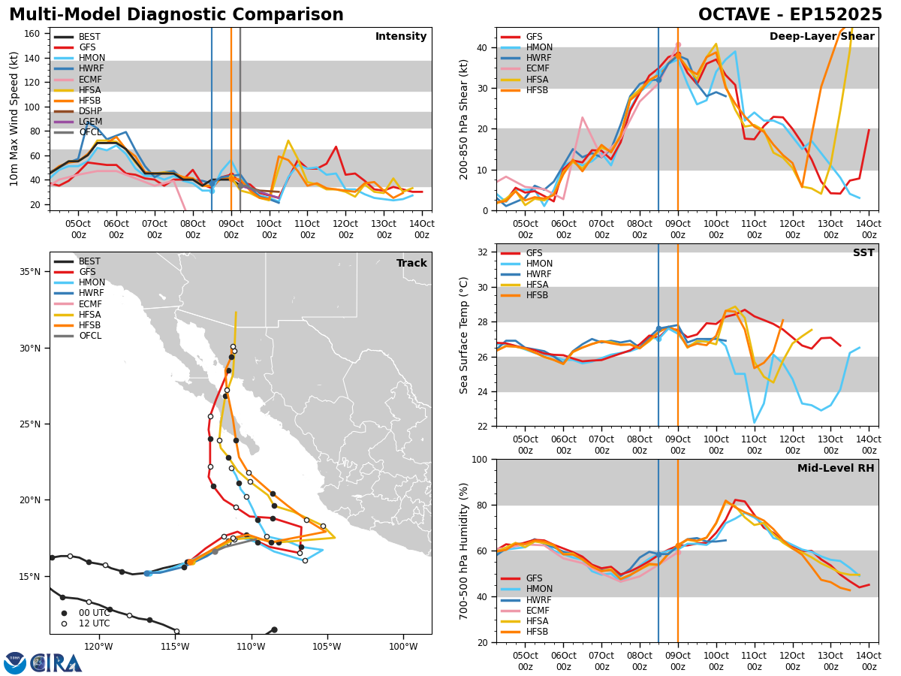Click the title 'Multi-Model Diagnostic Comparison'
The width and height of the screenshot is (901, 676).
point(176,15)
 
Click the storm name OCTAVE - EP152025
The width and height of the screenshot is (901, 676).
point(790,15)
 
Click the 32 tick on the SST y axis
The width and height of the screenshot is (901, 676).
point(484,252)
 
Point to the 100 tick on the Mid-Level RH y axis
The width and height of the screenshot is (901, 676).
point(479,459)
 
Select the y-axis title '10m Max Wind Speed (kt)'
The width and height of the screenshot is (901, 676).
point(14,119)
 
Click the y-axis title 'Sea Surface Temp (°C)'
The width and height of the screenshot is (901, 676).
point(464,335)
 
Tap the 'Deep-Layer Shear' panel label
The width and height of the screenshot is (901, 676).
point(821,37)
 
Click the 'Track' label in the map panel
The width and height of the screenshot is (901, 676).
point(411,264)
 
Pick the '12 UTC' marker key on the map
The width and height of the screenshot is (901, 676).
point(92,623)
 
